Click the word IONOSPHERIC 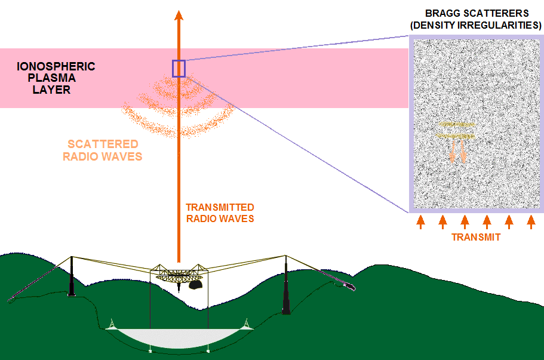[x=56, y=67]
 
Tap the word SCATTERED [x=103, y=144]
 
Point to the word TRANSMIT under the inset [x=475, y=237]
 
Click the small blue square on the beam [x=179, y=69]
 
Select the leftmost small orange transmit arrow [x=420, y=222]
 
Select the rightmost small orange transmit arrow [x=531, y=222]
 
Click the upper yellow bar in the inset [x=457, y=124]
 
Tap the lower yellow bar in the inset [x=456, y=136]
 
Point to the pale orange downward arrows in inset [x=457, y=152]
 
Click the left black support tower [x=72, y=278]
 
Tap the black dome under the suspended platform [x=196, y=285]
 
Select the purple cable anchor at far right [x=349, y=287]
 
